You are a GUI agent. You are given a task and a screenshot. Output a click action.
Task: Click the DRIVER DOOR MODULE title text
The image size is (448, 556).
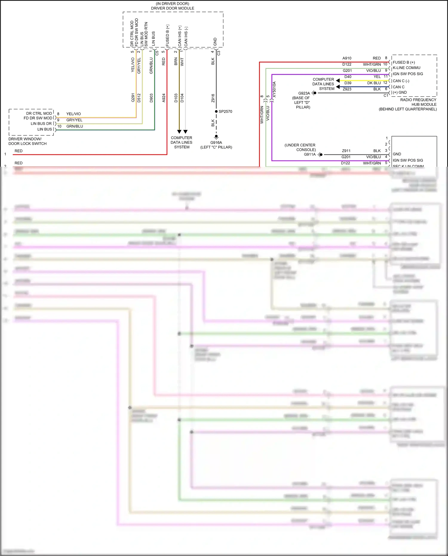click(x=172, y=8)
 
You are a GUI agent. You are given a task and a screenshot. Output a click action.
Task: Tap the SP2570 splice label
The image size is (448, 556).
click(x=225, y=111)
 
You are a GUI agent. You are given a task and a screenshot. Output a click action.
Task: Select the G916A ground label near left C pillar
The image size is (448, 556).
click(x=216, y=143)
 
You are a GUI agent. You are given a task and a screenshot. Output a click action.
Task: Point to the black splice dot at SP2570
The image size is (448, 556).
click(x=216, y=111)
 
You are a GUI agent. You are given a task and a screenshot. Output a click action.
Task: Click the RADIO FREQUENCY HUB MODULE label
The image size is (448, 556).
click(x=418, y=102)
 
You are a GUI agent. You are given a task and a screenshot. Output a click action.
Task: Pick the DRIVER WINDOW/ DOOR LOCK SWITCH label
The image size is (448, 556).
click(x=27, y=141)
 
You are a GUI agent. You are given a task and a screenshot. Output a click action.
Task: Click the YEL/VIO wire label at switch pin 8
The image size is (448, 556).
click(x=73, y=114)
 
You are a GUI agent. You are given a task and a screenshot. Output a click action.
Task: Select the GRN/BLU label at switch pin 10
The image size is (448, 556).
click(x=75, y=126)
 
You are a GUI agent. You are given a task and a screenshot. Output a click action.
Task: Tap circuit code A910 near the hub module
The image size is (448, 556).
click(x=347, y=58)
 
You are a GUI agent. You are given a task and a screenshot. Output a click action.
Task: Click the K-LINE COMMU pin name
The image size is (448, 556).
click(x=406, y=68)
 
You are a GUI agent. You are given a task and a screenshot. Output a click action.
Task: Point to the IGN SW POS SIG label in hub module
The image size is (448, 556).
click(x=408, y=74)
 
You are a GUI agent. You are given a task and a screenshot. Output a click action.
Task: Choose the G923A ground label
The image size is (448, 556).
click(x=304, y=93)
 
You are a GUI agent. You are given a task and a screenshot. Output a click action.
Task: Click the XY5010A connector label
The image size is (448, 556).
click(x=274, y=89)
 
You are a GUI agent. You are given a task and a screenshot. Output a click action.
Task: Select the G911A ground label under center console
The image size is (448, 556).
click(x=309, y=154)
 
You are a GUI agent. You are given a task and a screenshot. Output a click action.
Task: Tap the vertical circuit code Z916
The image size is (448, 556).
click(x=213, y=98)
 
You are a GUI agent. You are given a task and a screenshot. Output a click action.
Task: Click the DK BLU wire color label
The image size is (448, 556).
click(x=374, y=83)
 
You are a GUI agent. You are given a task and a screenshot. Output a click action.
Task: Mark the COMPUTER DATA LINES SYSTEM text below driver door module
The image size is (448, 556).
click(x=182, y=143)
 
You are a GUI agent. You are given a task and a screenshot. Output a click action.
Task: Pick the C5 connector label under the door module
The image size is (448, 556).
click(x=157, y=53)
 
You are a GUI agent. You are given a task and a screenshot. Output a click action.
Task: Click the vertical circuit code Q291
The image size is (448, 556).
click(x=133, y=98)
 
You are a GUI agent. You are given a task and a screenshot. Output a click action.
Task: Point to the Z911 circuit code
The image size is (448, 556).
click(x=346, y=151)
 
